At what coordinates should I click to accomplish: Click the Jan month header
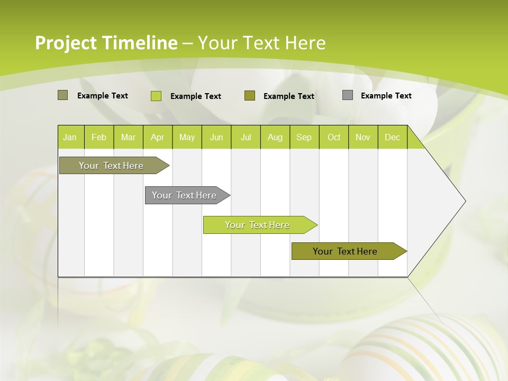tap(70, 137)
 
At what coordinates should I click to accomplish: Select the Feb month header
tap(99, 137)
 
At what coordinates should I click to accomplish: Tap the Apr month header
tap(157, 137)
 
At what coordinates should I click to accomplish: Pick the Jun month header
tap(216, 137)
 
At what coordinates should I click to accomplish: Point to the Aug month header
tap(275, 137)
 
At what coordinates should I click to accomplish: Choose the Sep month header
tap(304, 137)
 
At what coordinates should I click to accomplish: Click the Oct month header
tap(334, 137)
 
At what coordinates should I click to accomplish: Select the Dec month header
tap(392, 137)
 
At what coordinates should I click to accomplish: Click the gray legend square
tap(348, 95)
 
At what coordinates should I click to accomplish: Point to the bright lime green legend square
tap(156, 96)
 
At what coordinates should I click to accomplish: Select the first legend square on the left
tap(63, 95)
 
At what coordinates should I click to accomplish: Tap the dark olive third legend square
tap(250, 96)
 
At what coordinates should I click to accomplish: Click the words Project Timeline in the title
tap(106, 43)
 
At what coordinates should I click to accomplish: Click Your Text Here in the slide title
tap(261, 43)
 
